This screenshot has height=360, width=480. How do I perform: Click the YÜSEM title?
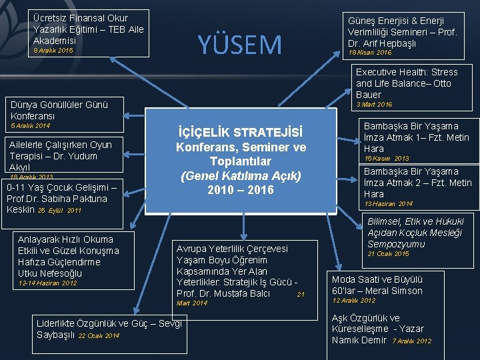pos(240,45)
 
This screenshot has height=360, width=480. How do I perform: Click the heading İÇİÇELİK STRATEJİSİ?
pos(240,131)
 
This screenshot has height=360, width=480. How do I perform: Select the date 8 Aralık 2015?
pos(47,50)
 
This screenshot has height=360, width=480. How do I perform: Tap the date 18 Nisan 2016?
pos(370,52)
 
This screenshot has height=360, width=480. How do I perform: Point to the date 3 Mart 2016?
pos(374,104)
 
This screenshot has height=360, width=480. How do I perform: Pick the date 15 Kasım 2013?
pos(387,159)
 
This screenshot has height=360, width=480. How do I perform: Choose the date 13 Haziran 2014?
pos(389,203)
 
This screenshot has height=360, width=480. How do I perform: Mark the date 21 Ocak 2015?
pos(389,253)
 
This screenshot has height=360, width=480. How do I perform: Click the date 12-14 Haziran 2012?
pos(47,283)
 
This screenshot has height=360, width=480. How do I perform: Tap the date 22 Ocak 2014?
pos(99,335)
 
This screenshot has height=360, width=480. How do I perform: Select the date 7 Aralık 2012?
pos(411,341)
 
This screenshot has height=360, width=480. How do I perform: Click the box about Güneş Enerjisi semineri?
pos(402,36)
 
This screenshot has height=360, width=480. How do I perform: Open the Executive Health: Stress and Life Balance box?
pos(407,83)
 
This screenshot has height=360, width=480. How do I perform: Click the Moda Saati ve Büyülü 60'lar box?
pos(377,285)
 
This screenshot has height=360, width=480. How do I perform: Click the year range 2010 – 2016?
pos(240,190)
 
